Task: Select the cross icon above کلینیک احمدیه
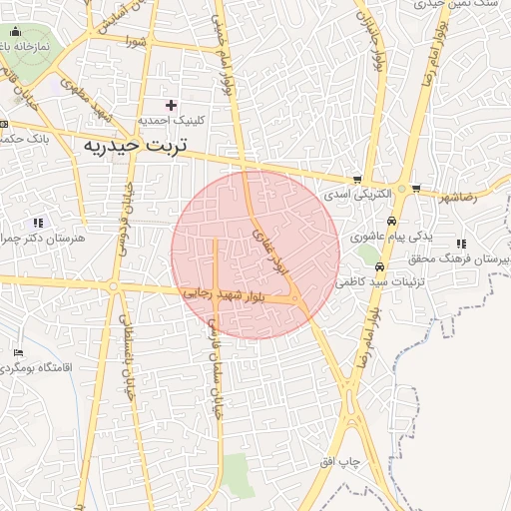pyautogui.click(x=171, y=105)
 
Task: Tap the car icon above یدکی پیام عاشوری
pyautogui.click(x=392, y=222)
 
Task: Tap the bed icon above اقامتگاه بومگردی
pyautogui.click(x=19, y=354)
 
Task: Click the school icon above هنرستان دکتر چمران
pyautogui.click(x=38, y=223)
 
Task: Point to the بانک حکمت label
pyautogui.click(x=20, y=138)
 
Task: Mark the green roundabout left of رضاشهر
pyautogui.click(x=401, y=189)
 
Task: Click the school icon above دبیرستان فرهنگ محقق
pyautogui.click(x=460, y=244)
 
